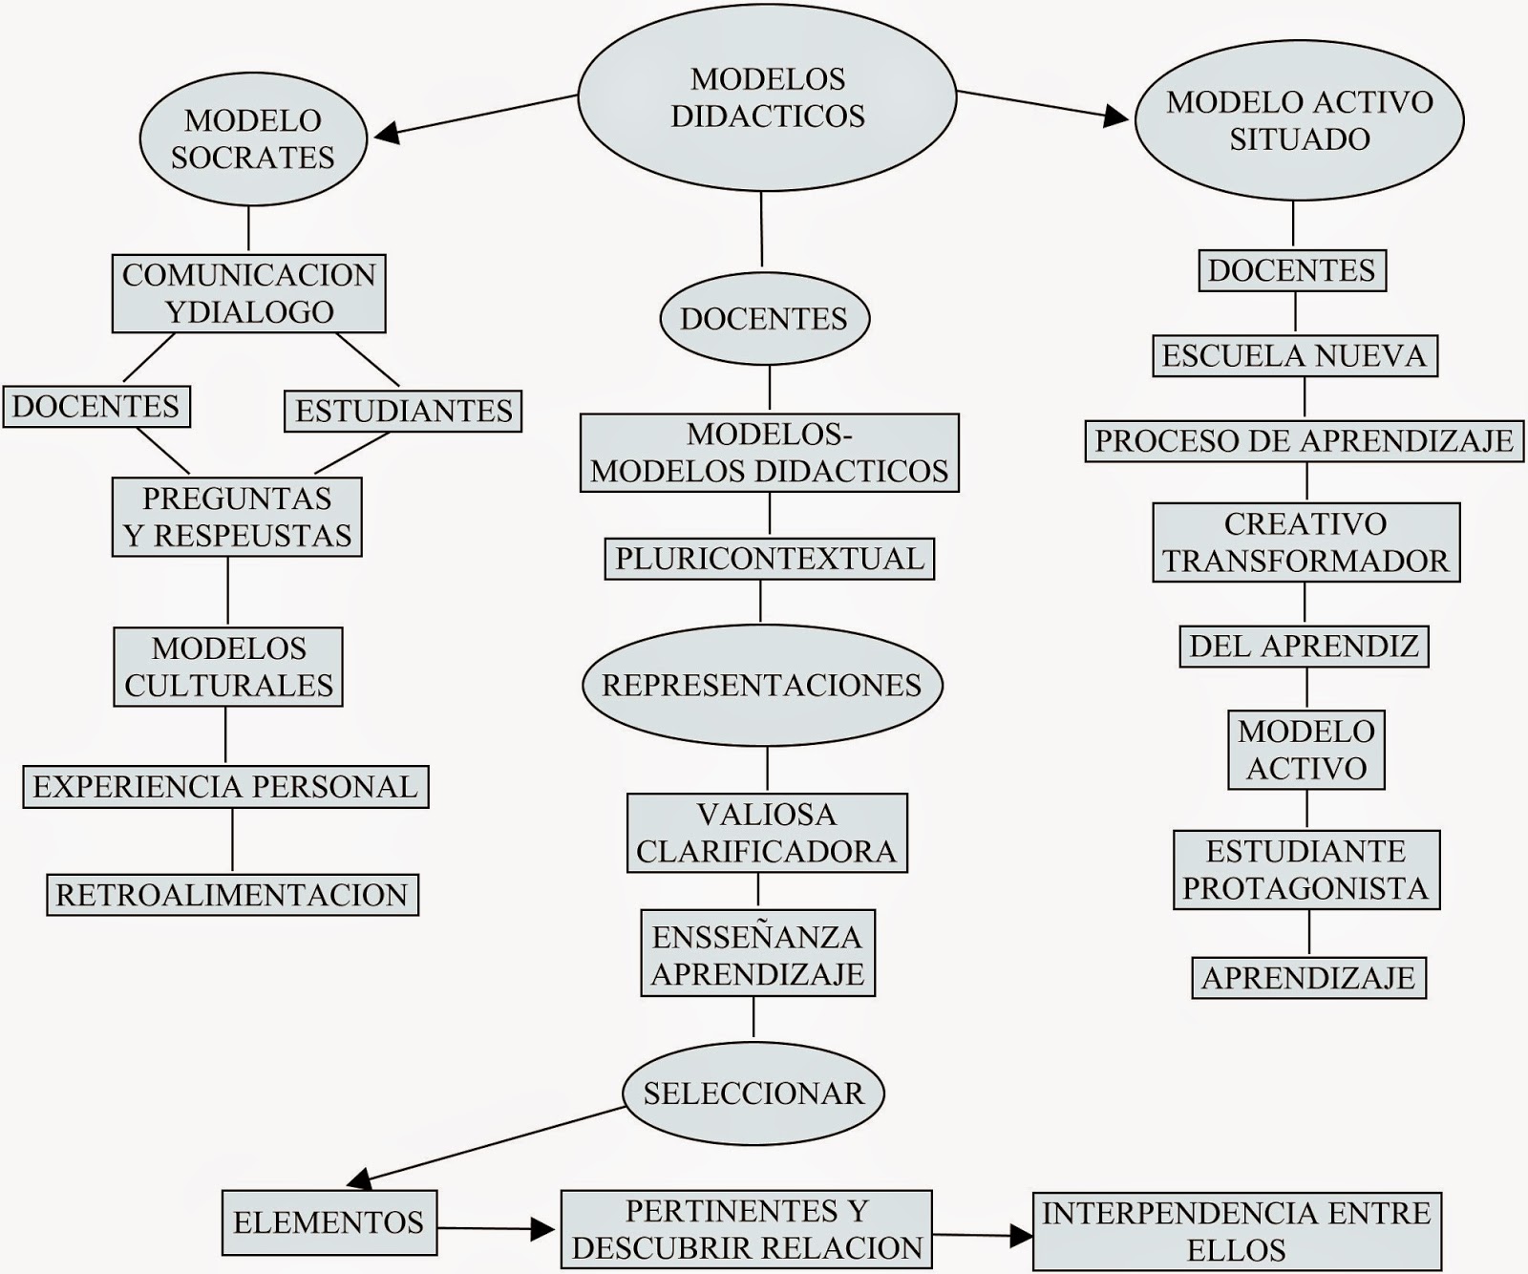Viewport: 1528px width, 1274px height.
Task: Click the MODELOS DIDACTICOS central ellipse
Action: [767, 97]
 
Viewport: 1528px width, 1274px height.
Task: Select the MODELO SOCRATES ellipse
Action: [253, 139]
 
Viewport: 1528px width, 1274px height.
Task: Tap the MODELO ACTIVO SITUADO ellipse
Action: [1299, 120]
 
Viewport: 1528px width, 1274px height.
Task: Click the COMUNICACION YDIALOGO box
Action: [249, 293]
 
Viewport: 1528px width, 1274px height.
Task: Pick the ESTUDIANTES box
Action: [403, 411]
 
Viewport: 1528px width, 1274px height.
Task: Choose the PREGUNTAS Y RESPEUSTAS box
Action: [237, 517]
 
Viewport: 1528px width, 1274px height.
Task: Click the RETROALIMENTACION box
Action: [232, 895]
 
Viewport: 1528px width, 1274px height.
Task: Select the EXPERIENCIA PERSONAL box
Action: [225, 786]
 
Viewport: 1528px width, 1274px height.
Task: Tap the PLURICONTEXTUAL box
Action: [769, 559]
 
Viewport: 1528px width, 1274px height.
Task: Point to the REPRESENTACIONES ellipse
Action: [762, 685]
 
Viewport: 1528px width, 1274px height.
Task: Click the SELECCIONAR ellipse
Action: [753, 1093]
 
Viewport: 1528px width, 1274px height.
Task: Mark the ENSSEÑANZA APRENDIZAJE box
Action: [757, 954]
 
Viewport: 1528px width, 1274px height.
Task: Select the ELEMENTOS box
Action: [329, 1222]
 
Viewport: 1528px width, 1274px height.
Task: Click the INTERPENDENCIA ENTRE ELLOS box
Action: [1237, 1231]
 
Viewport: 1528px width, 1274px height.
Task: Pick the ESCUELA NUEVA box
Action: [1294, 355]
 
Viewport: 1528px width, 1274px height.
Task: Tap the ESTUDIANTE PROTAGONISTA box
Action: [1305, 869]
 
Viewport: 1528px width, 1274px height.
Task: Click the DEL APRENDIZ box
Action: [1304, 647]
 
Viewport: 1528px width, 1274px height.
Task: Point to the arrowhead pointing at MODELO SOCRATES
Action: [385, 135]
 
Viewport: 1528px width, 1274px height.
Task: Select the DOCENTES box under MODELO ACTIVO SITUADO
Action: [1291, 270]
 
